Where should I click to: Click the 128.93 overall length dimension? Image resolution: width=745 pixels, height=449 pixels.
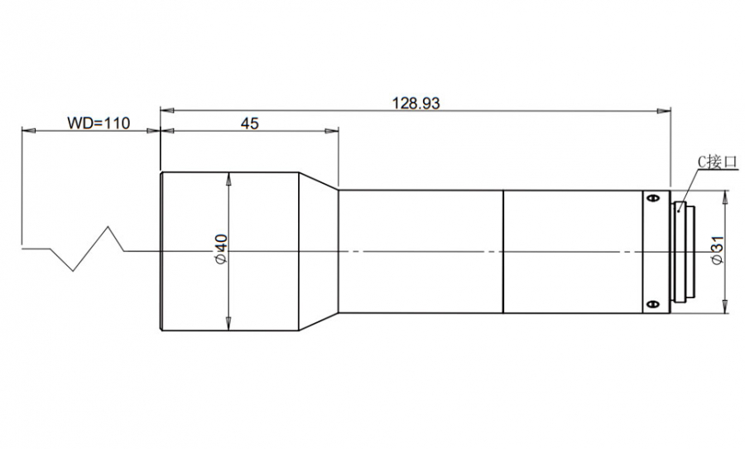(x=416, y=103)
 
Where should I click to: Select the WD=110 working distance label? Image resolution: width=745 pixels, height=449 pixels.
(x=99, y=123)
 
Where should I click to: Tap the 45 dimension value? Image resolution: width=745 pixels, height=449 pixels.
(x=249, y=123)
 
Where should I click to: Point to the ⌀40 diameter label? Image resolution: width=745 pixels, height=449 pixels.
(x=221, y=249)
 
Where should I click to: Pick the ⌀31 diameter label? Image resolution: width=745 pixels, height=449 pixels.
(x=717, y=249)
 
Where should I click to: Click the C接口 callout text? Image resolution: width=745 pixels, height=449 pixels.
(x=718, y=162)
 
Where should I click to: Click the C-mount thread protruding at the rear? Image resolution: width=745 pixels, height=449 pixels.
(x=683, y=252)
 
